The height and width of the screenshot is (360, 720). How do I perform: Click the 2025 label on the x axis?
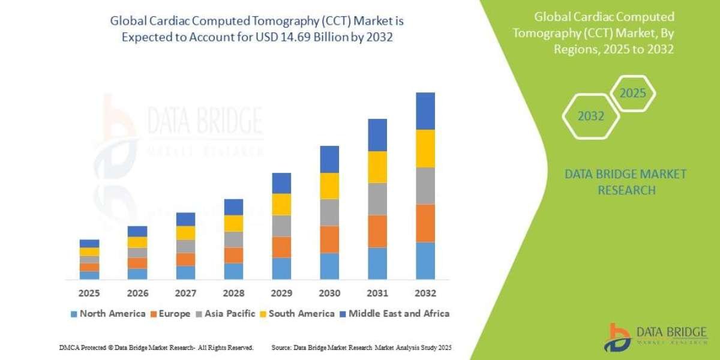[89, 293]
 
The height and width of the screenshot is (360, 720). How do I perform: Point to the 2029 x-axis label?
[281, 293]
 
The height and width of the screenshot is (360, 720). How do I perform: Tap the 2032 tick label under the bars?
[425, 293]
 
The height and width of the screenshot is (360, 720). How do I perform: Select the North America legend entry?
[108, 313]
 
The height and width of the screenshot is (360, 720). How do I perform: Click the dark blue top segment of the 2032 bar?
[425, 111]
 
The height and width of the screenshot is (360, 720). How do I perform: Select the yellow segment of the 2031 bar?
[377, 167]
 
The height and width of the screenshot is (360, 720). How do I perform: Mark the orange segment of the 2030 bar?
[329, 239]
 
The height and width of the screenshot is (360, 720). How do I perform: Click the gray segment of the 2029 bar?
[281, 226]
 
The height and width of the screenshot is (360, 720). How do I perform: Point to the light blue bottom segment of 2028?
[233, 271]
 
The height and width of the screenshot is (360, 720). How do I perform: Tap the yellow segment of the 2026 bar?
[137, 242]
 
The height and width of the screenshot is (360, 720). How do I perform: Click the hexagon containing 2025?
[632, 94]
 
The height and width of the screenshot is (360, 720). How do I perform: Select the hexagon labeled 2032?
[591, 116]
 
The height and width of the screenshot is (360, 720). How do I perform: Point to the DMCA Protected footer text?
[156, 347]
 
